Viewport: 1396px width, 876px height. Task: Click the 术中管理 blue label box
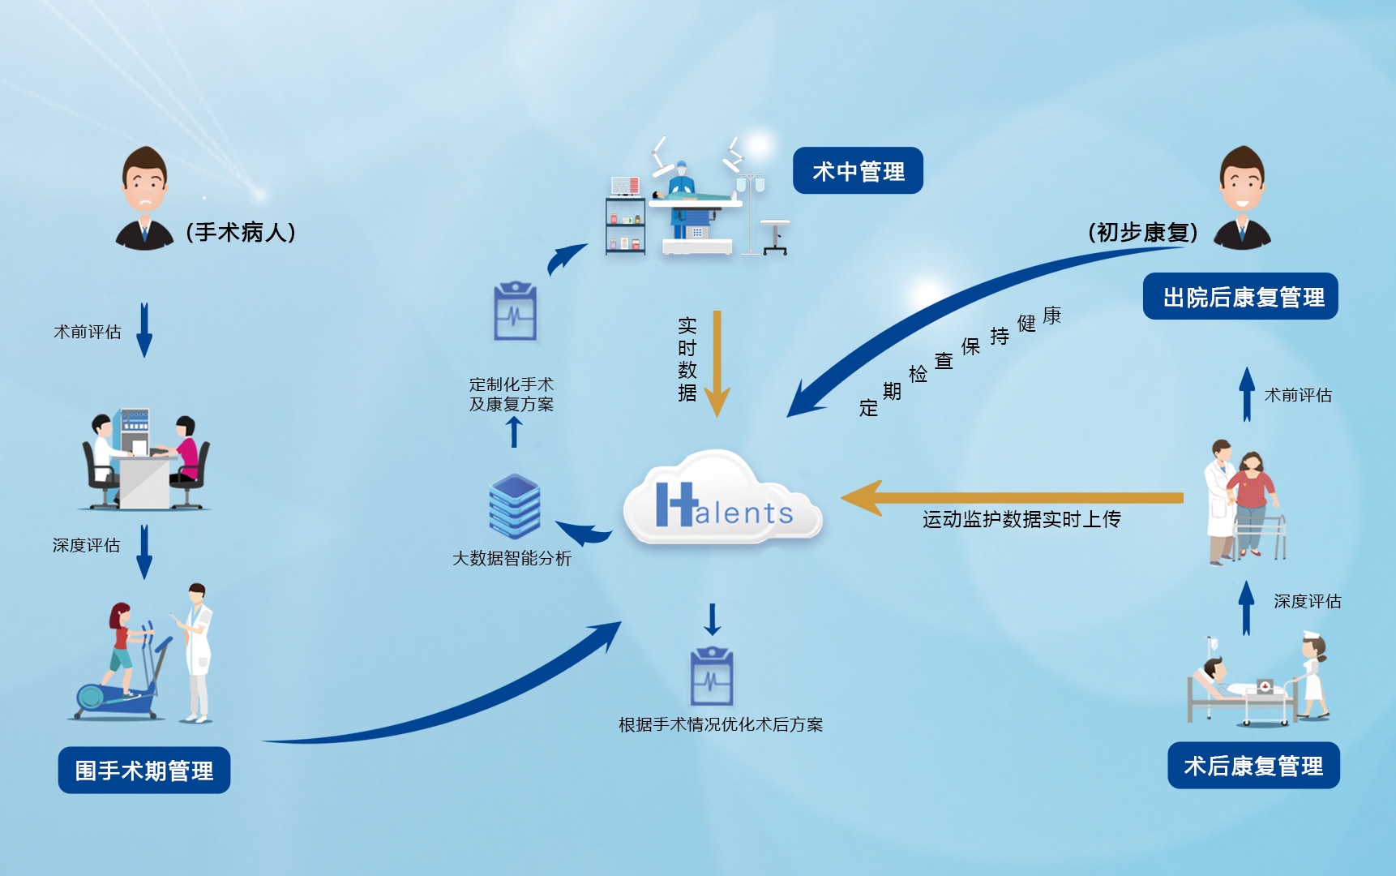[858, 170]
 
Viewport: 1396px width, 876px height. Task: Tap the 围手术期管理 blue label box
[144, 770]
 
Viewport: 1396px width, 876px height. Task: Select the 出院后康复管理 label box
[1240, 297]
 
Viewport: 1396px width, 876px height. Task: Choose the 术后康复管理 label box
[1253, 765]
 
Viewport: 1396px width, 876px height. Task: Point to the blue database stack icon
[515, 506]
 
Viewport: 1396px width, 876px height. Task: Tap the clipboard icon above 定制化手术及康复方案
[515, 312]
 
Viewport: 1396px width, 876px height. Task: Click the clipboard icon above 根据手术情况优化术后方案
[712, 677]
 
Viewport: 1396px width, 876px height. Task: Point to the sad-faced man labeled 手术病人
[144, 200]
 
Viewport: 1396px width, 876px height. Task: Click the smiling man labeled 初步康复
[1242, 200]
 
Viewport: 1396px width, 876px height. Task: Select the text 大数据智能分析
[512, 558]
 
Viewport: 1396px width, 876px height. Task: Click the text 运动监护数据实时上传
[1021, 519]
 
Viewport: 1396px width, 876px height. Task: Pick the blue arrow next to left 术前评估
[144, 330]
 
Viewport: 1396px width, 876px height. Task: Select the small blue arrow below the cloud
[712, 620]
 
